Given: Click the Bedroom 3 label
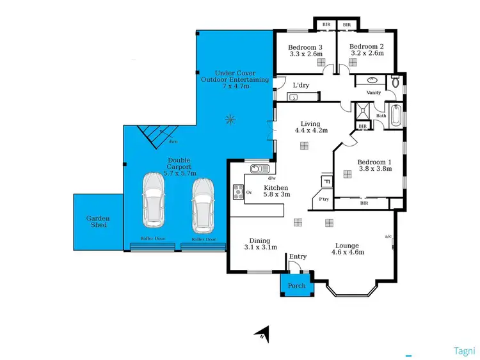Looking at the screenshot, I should (x=305, y=47).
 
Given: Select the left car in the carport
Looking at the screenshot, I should (x=154, y=202).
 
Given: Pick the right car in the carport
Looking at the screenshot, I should (x=202, y=205).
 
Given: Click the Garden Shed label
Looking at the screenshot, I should (x=99, y=222).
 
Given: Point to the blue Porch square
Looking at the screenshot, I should (x=296, y=285).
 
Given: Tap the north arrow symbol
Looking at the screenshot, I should (x=262, y=333).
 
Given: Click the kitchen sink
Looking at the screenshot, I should (x=258, y=169).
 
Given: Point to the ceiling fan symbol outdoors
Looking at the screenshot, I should (x=230, y=119).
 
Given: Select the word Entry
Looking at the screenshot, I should (x=298, y=256).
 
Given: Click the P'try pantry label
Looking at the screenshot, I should (x=324, y=200).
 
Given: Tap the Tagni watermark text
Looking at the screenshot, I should (x=463, y=350).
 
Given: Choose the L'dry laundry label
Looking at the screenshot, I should (x=301, y=85).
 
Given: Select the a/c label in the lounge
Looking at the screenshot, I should (x=388, y=237).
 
